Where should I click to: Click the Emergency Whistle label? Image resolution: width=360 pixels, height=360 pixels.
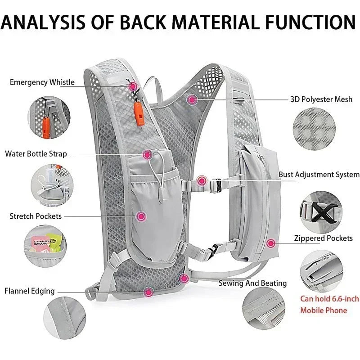point(42,82)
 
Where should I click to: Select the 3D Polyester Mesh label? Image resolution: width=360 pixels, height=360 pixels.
point(321,99)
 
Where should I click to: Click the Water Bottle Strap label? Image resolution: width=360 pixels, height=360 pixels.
point(36,154)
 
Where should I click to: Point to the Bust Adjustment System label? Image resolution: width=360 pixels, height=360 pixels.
point(319,175)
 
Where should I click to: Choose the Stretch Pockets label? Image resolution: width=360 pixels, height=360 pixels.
point(36,216)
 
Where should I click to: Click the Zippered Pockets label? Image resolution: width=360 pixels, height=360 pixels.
point(323,238)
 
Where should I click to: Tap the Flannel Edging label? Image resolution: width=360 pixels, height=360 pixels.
point(30,291)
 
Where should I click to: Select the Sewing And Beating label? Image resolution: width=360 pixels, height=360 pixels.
point(252,283)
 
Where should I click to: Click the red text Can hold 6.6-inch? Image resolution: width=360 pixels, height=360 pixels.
point(330,298)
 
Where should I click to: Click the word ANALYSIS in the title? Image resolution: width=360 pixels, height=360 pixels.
point(44,22)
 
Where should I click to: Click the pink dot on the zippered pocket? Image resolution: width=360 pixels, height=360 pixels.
point(270,243)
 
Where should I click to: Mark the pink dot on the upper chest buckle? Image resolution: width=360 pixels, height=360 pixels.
point(202,180)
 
